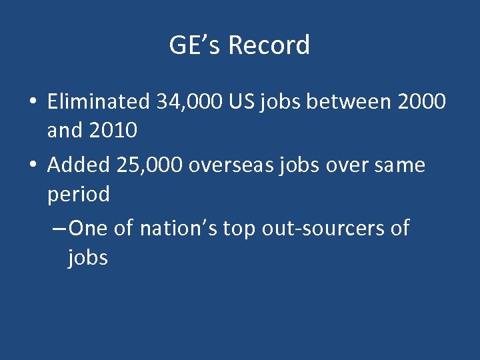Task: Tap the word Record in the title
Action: tap(269, 45)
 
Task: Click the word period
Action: tap(78, 195)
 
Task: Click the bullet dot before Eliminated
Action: tap(32, 103)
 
